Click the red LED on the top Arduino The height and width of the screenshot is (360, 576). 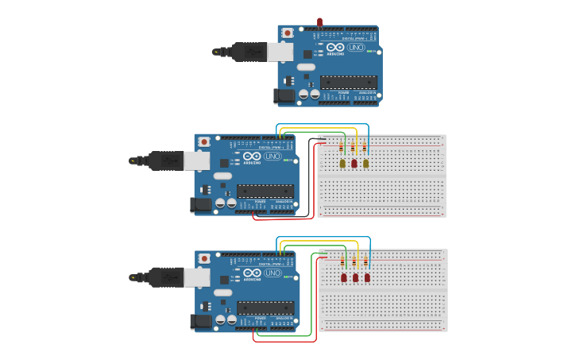pyautogui.click(x=319, y=22)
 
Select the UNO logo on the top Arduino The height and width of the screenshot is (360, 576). pyautogui.click(x=357, y=48)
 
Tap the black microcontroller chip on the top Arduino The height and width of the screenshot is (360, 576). pyautogui.click(x=349, y=82)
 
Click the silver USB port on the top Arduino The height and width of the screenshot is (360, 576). pyautogui.click(x=280, y=52)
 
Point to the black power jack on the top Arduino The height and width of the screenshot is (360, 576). pyautogui.click(x=284, y=96)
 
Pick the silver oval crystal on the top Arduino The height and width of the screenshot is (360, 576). pyautogui.click(x=306, y=67)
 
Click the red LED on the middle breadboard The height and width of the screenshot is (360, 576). pyautogui.click(x=354, y=163)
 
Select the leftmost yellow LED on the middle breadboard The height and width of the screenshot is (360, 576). pyautogui.click(x=342, y=163)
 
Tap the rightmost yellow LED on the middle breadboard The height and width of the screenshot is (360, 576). pyautogui.click(x=366, y=163)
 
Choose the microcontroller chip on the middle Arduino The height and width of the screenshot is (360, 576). pyautogui.click(x=265, y=191)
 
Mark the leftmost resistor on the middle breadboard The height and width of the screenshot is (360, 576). pyautogui.click(x=342, y=147)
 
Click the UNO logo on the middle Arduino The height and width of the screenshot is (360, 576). pyautogui.click(x=273, y=157)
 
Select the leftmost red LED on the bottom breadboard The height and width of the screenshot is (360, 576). pyautogui.click(x=344, y=277)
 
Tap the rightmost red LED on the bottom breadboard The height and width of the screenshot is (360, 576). pyautogui.click(x=367, y=277)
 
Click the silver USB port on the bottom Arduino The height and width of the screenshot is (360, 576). pyautogui.click(x=197, y=277)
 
